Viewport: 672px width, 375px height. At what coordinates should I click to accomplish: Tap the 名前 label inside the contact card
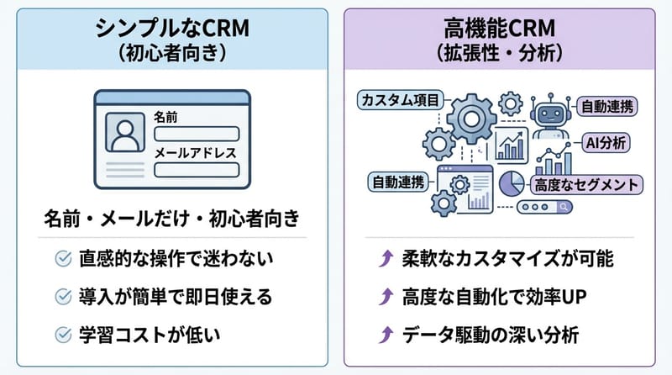pyautogui.click(x=166, y=118)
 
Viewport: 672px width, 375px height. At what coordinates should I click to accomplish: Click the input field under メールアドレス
pyautogui.click(x=197, y=170)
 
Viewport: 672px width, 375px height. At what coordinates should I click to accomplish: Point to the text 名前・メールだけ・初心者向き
pyautogui.click(x=171, y=220)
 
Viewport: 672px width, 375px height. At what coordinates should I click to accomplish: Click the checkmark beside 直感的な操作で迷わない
pyautogui.click(x=61, y=259)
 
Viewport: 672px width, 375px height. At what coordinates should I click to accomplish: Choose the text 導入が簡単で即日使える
pyautogui.click(x=177, y=296)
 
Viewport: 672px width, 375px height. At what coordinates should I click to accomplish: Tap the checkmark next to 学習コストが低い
pyautogui.click(x=61, y=334)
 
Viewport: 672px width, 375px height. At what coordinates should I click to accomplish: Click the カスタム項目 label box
pyautogui.click(x=398, y=100)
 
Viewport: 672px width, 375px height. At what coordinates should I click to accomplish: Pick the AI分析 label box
pyautogui.click(x=603, y=142)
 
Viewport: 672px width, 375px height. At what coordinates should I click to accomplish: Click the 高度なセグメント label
pyautogui.click(x=585, y=183)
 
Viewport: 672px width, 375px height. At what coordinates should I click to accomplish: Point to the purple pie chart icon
pyautogui.click(x=512, y=182)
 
